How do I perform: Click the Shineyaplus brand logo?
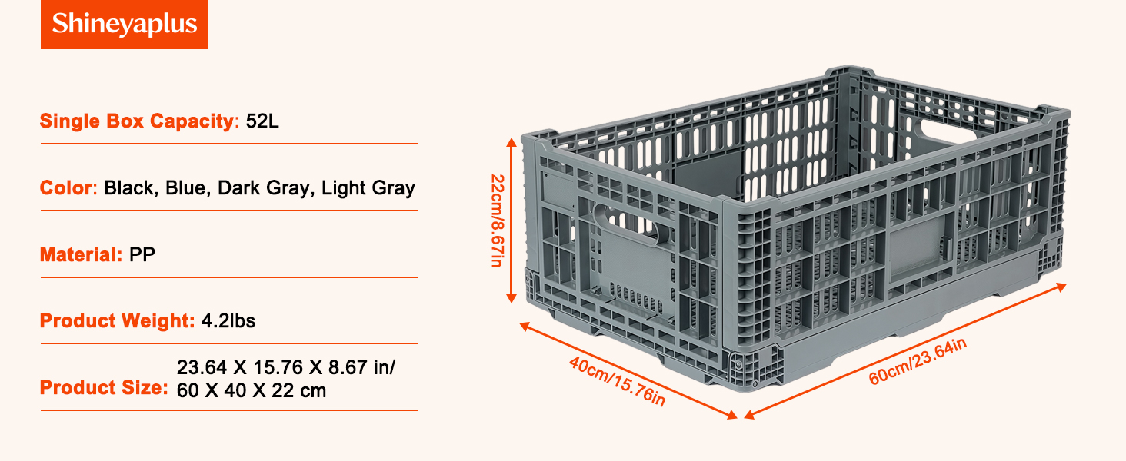(124, 24)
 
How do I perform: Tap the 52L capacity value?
(262, 121)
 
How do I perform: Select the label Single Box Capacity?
(137, 121)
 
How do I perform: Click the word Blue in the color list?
(185, 187)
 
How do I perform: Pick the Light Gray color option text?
(368, 187)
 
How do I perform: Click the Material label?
(81, 254)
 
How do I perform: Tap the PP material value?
(142, 254)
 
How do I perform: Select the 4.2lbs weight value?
(228, 321)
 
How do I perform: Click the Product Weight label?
(117, 321)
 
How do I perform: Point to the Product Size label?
(104, 388)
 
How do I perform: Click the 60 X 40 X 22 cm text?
(252, 390)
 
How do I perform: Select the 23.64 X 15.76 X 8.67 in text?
(285, 367)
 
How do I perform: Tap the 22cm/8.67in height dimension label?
(497, 221)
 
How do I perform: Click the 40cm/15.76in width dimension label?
(617, 380)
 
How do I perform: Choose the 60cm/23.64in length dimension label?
(918, 360)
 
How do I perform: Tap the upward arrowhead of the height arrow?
(511, 142)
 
